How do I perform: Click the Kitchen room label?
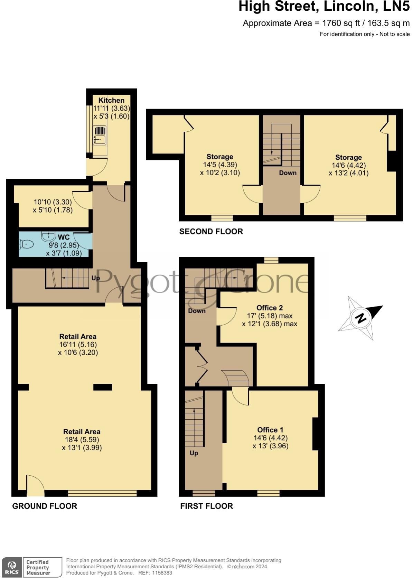[x=111, y=100]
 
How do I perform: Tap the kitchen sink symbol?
[x=100, y=136]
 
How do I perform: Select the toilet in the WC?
[x=26, y=244]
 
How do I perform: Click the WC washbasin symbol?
[x=48, y=236]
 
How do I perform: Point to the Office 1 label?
[x=270, y=430]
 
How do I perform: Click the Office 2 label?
[x=270, y=308]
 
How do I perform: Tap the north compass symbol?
[x=360, y=318]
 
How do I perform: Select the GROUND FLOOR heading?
[x=45, y=506]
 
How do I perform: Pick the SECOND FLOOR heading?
[x=211, y=231]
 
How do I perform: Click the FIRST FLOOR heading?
[x=206, y=506]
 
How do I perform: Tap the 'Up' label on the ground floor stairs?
[x=95, y=278]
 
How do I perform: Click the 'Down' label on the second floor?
[x=288, y=173]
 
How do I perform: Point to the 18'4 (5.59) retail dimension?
[x=82, y=440]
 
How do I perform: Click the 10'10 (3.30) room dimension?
[x=53, y=202]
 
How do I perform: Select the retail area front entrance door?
[x=35, y=484]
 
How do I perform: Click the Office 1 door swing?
[x=240, y=396]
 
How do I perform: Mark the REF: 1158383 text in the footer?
[x=155, y=573]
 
